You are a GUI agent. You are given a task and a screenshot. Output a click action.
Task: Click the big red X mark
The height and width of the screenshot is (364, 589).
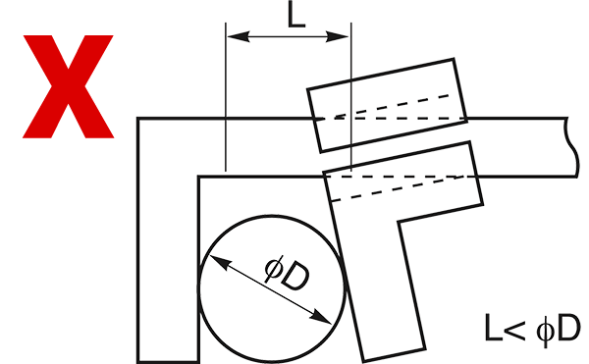(68, 86)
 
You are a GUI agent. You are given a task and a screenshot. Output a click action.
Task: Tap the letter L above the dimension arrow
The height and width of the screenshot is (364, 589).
(296, 16)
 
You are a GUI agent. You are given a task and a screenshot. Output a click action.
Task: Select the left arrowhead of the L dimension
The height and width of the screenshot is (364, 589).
(239, 36)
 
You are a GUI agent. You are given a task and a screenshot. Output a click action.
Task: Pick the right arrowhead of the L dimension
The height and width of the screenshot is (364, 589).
(338, 36)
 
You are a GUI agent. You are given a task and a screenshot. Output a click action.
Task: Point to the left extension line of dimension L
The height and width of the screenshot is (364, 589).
(226, 97)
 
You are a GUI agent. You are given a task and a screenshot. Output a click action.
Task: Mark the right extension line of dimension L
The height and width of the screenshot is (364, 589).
(350, 97)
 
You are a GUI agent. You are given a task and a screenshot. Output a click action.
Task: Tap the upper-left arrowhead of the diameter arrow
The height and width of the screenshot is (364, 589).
(219, 262)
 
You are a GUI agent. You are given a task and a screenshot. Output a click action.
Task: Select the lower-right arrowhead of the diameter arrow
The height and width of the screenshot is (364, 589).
(321, 316)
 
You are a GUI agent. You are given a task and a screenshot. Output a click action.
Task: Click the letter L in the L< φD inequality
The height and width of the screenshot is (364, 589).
(493, 328)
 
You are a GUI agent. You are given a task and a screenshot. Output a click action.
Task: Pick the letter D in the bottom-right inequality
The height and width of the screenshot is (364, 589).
(568, 328)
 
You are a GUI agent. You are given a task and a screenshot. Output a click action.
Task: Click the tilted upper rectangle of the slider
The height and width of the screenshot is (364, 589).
(388, 105)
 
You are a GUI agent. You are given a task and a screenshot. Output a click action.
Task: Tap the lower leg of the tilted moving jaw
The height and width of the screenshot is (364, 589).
(379, 286)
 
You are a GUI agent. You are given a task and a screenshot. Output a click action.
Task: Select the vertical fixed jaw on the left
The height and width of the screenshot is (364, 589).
(168, 240)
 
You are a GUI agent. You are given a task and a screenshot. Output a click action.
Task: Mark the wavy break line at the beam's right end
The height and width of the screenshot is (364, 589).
(572, 147)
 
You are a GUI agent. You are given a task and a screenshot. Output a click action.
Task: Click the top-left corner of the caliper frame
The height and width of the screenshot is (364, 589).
(138, 119)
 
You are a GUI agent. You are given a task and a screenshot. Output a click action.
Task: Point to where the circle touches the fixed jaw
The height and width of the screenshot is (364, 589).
(198, 289)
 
